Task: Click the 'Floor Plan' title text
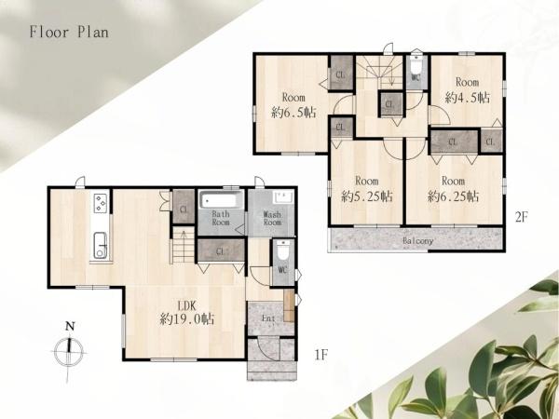pos(69,32)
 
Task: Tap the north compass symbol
pos(69,351)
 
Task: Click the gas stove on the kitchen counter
pos(102,203)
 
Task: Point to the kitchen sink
pos(102,245)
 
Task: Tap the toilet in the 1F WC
pos(282,250)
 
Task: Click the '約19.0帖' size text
pos(187,318)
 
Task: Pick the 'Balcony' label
pos(417,241)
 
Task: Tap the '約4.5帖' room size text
pos(468,97)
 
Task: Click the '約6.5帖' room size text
pos(293,113)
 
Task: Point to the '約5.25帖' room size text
pos(367,196)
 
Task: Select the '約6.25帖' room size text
pos(453,196)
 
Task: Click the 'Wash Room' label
pos(272,219)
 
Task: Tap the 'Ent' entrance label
pos(268,318)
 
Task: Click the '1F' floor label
pos(320,355)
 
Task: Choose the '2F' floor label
pos(521,217)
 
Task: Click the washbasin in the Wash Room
pos(282,197)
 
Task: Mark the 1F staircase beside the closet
pos(184,245)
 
